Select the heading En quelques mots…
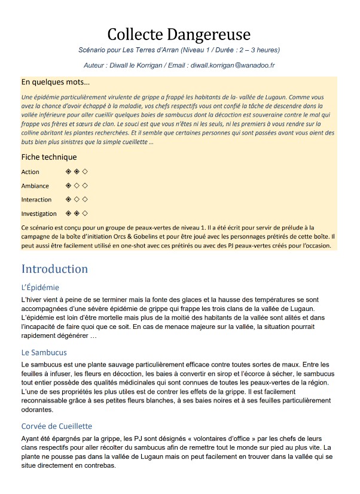click(55, 82)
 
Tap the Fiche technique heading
click(49, 157)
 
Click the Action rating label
click(30, 172)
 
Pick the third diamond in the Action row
click(86, 172)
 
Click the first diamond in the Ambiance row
click(69, 185)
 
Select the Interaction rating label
click(36, 200)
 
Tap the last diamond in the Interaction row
click(86, 199)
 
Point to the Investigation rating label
click(39, 214)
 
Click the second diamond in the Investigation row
click(77, 213)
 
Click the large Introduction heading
click(54, 269)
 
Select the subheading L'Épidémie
click(40, 288)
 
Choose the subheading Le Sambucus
click(44, 353)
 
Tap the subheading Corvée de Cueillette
click(57, 426)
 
